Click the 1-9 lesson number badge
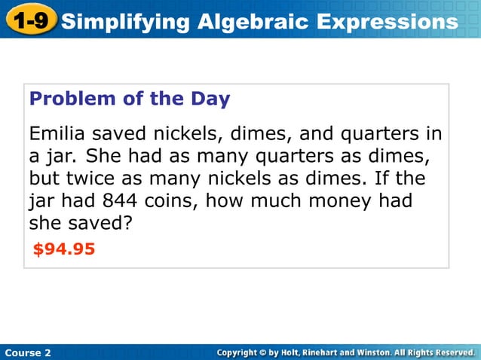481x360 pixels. click(x=30, y=20)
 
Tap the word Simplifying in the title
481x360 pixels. click(x=125, y=22)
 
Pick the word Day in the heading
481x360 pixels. click(x=210, y=99)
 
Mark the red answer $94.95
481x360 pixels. click(x=64, y=249)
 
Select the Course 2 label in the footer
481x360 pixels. click(x=28, y=352)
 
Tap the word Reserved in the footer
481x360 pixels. click(x=452, y=352)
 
